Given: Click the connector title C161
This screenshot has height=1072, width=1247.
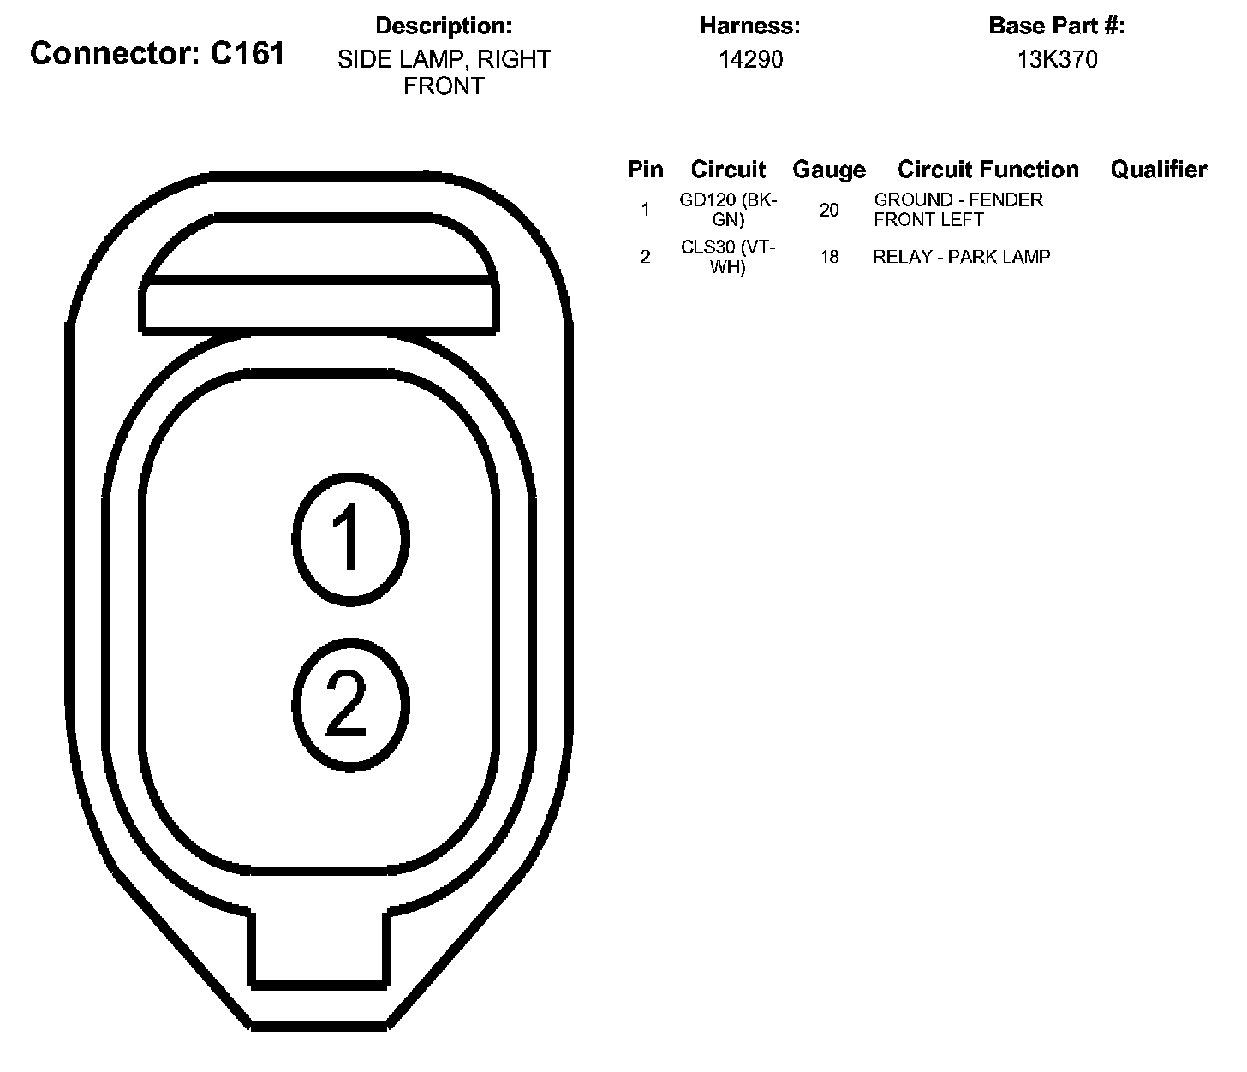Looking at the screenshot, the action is (158, 54).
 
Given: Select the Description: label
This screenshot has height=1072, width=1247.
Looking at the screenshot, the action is (444, 26).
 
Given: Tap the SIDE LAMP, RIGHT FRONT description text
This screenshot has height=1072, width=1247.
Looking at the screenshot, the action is (444, 73).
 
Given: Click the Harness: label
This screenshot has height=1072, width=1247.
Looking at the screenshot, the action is (750, 26).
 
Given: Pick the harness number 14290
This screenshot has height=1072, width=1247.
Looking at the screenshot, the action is (750, 59).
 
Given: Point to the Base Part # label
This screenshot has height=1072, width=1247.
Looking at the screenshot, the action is (1057, 26).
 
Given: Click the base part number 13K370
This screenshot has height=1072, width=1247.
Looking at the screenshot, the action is (1057, 59).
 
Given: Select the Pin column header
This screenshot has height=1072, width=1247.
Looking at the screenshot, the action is (645, 170).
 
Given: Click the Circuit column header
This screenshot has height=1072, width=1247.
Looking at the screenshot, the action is (728, 170).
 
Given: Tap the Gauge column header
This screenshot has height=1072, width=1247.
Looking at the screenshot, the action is (828, 170).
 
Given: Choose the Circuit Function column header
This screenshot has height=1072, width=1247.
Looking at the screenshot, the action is (987, 170).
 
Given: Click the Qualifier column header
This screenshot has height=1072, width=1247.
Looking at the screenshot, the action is (1158, 170).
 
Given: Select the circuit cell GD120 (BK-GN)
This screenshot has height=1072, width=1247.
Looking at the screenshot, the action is (728, 210).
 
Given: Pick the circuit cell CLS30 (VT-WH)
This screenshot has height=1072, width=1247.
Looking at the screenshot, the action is (728, 257).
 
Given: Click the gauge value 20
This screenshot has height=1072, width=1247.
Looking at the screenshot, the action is (829, 210).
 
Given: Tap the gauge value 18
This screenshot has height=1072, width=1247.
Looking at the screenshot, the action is (829, 257).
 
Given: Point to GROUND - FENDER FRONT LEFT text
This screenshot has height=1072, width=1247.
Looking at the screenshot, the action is (958, 210).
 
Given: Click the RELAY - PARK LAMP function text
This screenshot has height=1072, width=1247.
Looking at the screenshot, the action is (961, 257).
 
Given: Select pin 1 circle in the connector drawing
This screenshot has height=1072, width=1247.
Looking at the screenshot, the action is (349, 538).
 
